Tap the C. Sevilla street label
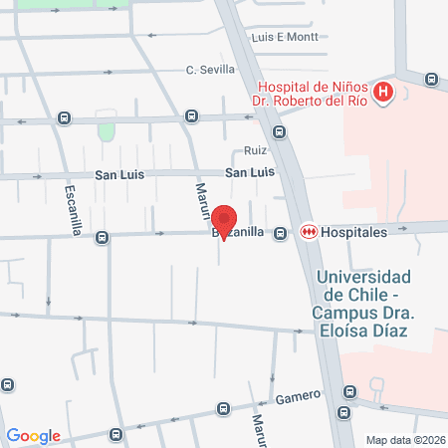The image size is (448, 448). pyautogui.click(x=210, y=70)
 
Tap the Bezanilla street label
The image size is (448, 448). pyautogui.click(x=239, y=232)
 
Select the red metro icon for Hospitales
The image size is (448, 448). pyautogui.click(x=310, y=232)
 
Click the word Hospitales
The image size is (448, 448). pyautogui.click(x=352, y=232)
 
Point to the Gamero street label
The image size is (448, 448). pyautogui.click(x=298, y=396)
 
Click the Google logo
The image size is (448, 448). pyautogui.click(x=33, y=435)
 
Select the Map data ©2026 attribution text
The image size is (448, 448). pyautogui.click(x=405, y=439)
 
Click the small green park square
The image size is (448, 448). pyautogui.click(x=107, y=131)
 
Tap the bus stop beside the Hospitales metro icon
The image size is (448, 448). pyautogui.click(x=282, y=233)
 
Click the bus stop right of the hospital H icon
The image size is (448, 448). pyautogui.click(x=430, y=80)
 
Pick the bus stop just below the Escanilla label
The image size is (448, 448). pyautogui.click(x=102, y=237)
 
